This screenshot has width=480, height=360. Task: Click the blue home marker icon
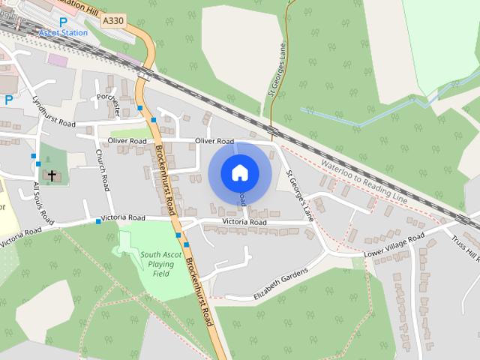tap(239, 172)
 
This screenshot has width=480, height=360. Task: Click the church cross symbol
tap(52, 175)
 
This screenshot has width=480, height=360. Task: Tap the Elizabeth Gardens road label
tap(280, 284)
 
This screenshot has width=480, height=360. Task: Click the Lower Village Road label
tap(394, 244)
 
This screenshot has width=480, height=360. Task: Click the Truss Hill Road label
tap(465, 248)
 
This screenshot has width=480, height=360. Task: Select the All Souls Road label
tap(43, 202)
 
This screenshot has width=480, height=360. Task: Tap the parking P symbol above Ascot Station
tap(52, 22)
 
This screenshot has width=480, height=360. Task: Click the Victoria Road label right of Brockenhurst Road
tap(244, 223)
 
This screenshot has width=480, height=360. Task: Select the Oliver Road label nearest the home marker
tap(214, 141)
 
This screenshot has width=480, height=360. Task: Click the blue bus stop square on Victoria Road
tap(97, 221)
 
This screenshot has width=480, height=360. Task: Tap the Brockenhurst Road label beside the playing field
tap(200, 292)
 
